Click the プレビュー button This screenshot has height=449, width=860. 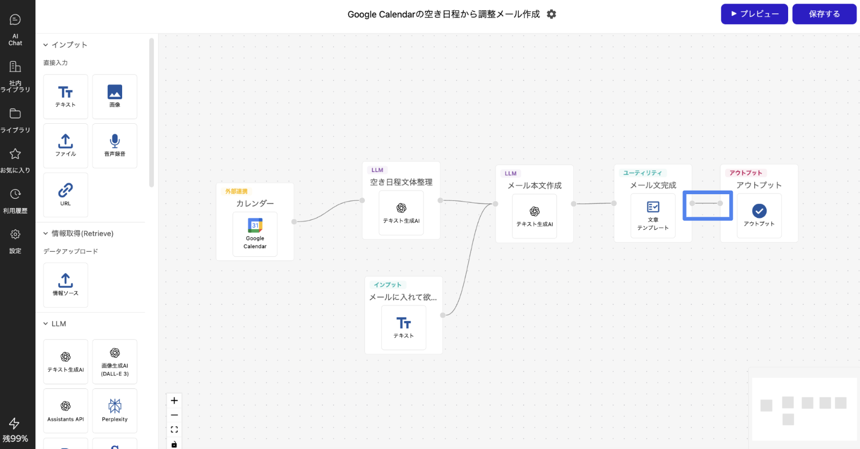point(754,14)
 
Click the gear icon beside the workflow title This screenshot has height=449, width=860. point(552,14)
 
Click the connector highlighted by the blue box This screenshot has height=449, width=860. point(707,204)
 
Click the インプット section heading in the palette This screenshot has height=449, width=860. point(69,45)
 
